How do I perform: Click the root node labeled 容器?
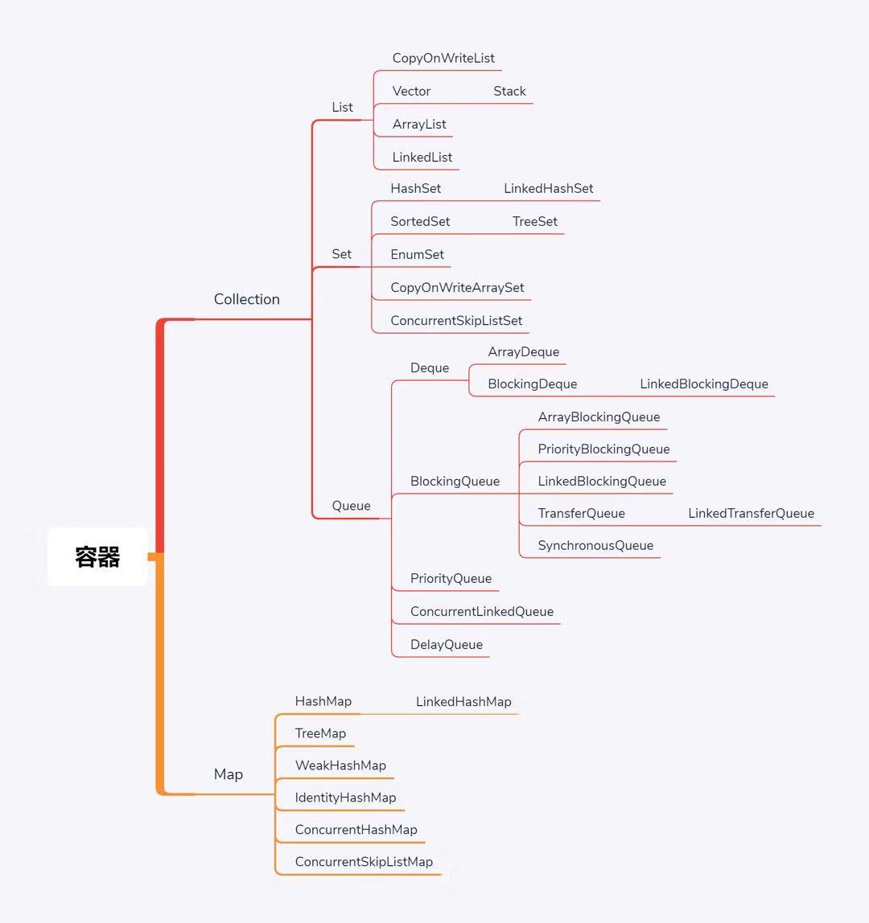[x=97, y=556]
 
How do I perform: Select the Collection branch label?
[x=246, y=299]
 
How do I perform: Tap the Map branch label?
[x=228, y=774]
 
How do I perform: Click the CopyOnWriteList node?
[x=443, y=58]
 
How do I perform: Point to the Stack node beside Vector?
[x=509, y=91]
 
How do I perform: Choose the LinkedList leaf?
[x=422, y=157]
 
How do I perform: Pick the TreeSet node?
[x=534, y=221]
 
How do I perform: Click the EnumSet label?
[x=417, y=254]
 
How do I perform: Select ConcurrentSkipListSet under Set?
[x=456, y=320]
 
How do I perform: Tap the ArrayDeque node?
[x=523, y=351]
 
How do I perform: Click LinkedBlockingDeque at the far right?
[x=703, y=384]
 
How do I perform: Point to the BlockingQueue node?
[x=455, y=481]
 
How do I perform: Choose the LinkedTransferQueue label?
[x=751, y=513]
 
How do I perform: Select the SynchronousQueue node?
[x=595, y=545]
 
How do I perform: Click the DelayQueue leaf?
[x=446, y=644]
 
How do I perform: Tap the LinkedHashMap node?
[x=463, y=701]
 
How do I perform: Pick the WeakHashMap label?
[x=340, y=765]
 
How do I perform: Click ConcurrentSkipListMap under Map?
[x=364, y=862]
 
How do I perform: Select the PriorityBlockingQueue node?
[x=603, y=449]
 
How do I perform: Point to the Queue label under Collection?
[x=351, y=506]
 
